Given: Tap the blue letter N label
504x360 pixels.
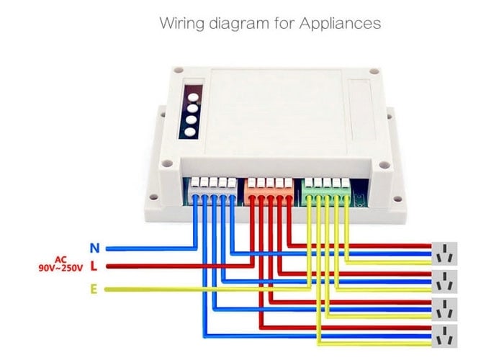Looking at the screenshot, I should [94, 248].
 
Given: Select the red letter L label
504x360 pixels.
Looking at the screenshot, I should [94, 267].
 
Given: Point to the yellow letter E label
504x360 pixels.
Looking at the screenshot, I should [94, 289].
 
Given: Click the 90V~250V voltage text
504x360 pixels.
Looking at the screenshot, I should [60, 268].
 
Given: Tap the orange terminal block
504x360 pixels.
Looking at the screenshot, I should [269, 189].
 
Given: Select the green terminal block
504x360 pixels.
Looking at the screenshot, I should [326, 189].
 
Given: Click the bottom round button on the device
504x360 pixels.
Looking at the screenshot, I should [190, 132].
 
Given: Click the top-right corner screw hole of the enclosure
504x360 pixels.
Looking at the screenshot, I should [373, 72].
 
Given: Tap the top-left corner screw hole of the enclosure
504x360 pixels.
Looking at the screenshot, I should [174, 70].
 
